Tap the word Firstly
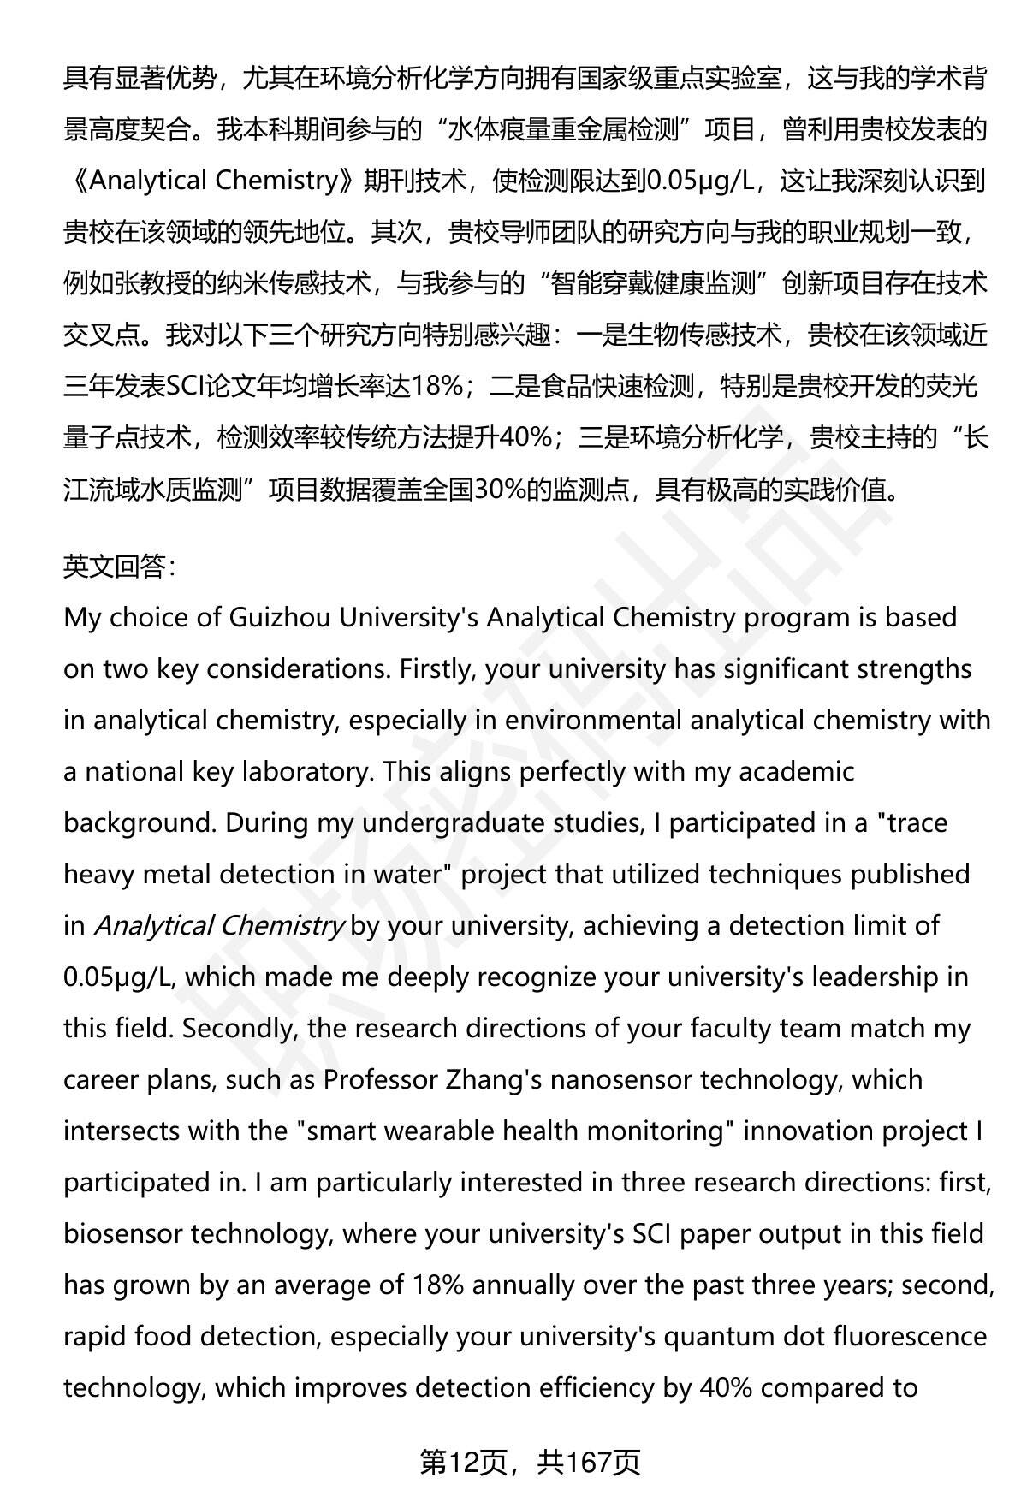point(436,668)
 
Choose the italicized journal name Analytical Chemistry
point(218,925)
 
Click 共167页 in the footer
point(589,1463)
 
